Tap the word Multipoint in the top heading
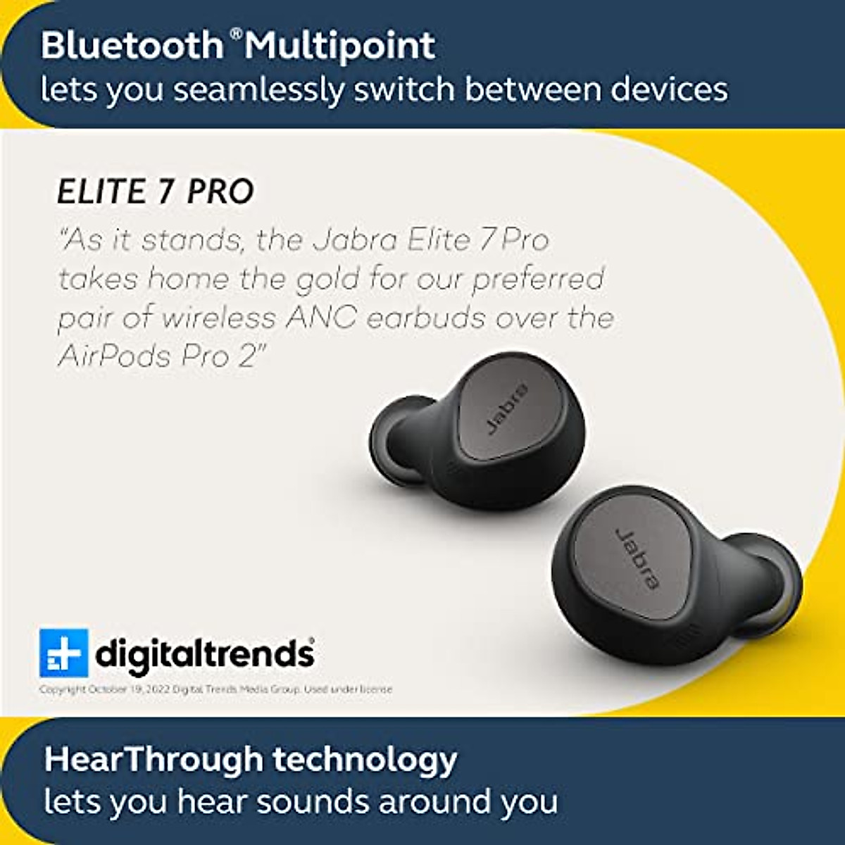(341, 46)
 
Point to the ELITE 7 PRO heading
(156, 192)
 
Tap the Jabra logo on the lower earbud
(638, 558)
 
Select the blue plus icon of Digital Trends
(63, 653)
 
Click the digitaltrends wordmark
(205, 653)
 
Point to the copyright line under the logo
(215, 689)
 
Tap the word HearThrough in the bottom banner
(153, 759)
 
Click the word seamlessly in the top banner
(258, 90)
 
